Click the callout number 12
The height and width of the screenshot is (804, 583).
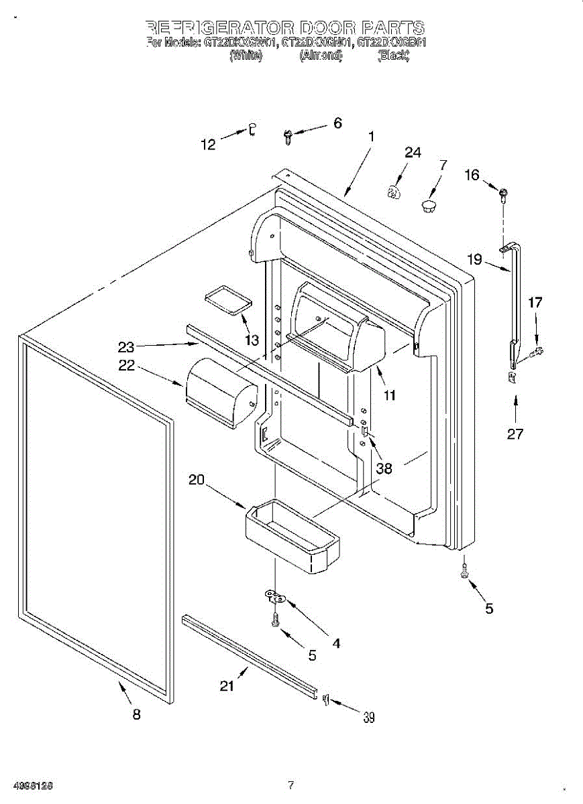(x=209, y=143)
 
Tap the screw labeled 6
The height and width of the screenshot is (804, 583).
(x=288, y=137)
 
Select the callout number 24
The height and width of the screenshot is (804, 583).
(x=413, y=153)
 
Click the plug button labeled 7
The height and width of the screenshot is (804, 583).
(x=428, y=204)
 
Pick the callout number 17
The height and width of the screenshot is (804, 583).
(x=535, y=303)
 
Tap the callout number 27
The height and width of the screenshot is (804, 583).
(x=515, y=433)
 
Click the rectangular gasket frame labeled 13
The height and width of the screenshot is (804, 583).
(x=225, y=299)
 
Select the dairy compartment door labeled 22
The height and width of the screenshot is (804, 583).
(x=220, y=393)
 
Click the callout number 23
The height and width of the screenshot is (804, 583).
(x=126, y=347)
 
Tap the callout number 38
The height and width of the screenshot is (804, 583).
(x=384, y=468)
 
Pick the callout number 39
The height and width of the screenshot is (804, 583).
(x=369, y=718)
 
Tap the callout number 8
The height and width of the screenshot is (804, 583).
(x=136, y=715)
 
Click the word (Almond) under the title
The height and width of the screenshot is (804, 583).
(x=321, y=57)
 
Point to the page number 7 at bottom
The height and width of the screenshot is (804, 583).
(x=290, y=785)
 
